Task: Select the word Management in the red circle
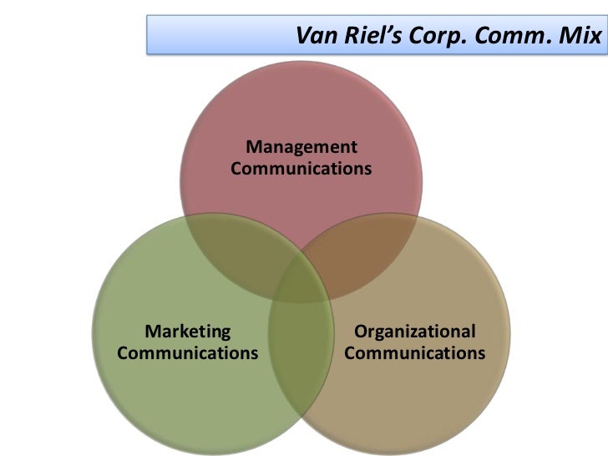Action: (301, 148)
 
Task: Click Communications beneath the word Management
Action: (301, 169)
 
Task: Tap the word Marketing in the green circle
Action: (188, 332)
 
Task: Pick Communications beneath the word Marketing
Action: (188, 352)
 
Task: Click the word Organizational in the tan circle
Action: (414, 332)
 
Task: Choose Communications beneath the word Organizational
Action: (414, 352)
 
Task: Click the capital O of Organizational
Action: (361, 332)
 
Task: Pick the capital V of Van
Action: (302, 37)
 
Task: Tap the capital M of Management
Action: (254, 148)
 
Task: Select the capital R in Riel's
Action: (345, 37)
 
